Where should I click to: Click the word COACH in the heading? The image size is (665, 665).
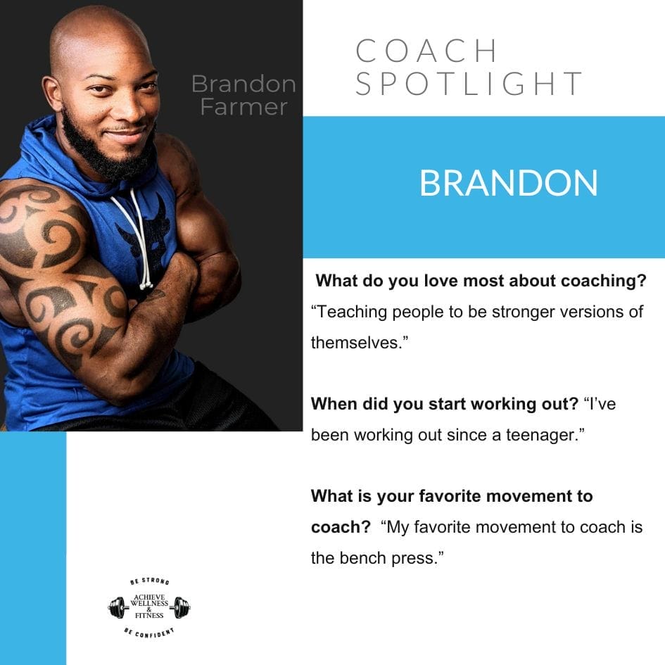coord(427,51)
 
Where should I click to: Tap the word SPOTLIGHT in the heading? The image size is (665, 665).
coord(469,84)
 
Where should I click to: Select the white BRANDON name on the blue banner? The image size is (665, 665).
coord(508,183)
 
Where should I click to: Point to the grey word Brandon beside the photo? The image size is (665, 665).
coord(243,84)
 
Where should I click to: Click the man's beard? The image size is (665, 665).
coord(106,151)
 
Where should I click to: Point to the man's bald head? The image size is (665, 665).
coord(99,35)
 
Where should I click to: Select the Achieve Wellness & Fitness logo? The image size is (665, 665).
coord(149,607)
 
